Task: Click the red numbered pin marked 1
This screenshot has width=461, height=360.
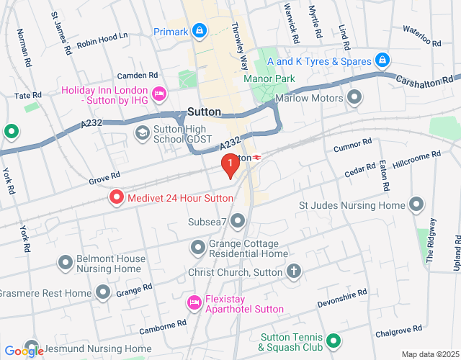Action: pyautogui.click(x=230, y=166)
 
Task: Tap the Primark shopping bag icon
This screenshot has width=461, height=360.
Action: pyautogui.click(x=200, y=31)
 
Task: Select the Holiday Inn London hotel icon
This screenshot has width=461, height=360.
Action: pyautogui.click(x=160, y=94)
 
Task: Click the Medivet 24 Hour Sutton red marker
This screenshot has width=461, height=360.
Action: pyautogui.click(x=115, y=197)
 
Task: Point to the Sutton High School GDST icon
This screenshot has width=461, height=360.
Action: pyautogui.click(x=143, y=132)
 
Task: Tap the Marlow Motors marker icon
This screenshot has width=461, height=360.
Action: pyautogui.click(x=354, y=96)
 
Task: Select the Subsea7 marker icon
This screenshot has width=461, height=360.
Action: pyautogui.click(x=238, y=220)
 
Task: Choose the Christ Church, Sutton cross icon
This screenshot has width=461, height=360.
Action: pyautogui.click(x=292, y=271)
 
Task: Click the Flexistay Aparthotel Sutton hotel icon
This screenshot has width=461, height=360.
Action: pyautogui.click(x=192, y=302)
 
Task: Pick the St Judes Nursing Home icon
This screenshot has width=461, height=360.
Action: pyautogui.click(x=416, y=205)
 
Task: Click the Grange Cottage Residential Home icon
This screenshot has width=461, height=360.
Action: pyautogui.click(x=198, y=248)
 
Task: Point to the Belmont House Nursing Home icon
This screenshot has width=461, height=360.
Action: pyautogui.click(x=66, y=264)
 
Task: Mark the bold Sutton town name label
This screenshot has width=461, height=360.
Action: pyautogui.click(x=204, y=112)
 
